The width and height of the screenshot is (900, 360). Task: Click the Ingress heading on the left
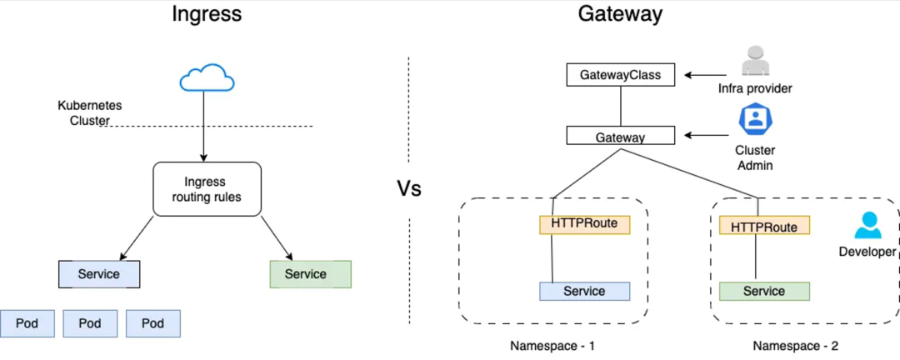207,14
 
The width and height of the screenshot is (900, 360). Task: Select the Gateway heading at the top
619,14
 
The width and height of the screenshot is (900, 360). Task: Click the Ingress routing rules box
207,189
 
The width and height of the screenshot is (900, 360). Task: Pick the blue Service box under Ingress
99,274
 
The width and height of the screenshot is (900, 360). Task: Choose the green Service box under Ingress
310,274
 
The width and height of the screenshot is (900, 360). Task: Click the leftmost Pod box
27,323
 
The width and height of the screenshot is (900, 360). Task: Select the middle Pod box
90,323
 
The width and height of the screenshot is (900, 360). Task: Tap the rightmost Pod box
152,323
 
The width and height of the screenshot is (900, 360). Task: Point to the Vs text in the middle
408,188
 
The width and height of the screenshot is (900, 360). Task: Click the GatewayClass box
620,75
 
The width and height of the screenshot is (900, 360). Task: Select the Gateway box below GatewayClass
620,137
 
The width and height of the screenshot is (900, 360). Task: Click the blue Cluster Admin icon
755,119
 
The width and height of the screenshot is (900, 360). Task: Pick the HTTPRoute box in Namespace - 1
584,224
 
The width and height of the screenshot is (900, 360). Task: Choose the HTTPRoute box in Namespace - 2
764,227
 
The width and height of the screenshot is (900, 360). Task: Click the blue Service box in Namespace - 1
584,291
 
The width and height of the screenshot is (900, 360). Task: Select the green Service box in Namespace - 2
764,291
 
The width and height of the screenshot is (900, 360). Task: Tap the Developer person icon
868,226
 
